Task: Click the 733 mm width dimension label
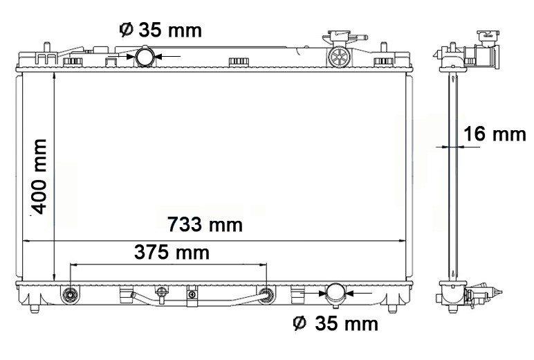[x=205, y=225]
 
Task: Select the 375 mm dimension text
[x=172, y=253]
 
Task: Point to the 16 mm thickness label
[x=495, y=134]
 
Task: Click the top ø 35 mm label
[x=160, y=30]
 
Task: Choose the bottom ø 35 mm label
[x=335, y=323]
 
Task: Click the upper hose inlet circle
[x=145, y=57]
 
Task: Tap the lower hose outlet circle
[x=335, y=293]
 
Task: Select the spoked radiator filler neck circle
[x=339, y=56]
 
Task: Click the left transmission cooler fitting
[x=71, y=294]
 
